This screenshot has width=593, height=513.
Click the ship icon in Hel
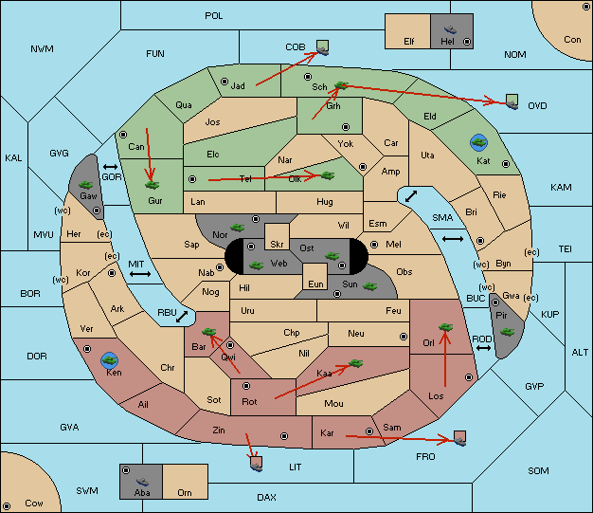[450, 29]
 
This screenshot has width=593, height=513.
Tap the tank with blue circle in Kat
[478, 142]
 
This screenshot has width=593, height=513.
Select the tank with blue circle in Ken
[110, 360]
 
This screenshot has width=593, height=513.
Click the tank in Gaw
[86, 185]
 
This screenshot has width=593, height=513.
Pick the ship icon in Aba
[143, 482]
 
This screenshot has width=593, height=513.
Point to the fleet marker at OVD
[512, 101]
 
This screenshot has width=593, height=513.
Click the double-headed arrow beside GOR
[110, 167]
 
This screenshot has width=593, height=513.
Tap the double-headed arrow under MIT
[140, 274]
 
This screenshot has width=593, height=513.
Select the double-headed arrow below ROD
[483, 348]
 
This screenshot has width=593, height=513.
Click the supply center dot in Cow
[7, 506]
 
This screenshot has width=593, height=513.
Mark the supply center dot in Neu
[404, 337]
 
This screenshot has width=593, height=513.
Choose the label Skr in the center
[277, 245]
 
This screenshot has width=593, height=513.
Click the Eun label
[315, 284]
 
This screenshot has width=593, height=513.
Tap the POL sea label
[214, 16]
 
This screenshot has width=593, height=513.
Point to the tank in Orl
[446, 327]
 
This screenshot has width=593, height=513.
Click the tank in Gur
[153, 185]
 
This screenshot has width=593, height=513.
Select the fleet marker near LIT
[257, 464]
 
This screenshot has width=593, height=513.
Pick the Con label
[572, 40]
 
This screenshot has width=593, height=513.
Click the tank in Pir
[507, 332]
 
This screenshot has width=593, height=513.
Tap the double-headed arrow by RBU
[182, 317]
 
